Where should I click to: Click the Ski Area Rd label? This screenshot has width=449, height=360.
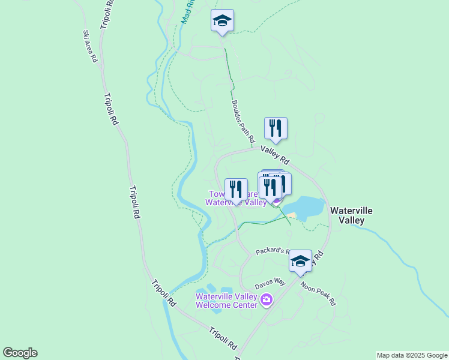coord(90,47)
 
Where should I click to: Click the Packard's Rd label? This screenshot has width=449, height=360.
coord(273,251)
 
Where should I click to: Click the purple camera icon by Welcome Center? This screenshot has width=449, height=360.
coord(267,299)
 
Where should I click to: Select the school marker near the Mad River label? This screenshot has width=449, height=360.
coord(222,21)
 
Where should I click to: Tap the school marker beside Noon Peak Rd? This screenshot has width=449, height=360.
coord(300,261)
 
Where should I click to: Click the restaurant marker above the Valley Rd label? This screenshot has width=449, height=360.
coord(276,128)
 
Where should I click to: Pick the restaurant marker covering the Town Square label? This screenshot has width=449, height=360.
coord(236,190)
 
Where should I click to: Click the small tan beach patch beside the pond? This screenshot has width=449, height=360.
coord(291,215)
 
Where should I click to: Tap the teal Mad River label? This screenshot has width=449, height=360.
coord(187,12)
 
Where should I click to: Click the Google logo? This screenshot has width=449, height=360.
coord(20,353)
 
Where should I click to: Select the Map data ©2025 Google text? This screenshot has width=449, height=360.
coord(411,355)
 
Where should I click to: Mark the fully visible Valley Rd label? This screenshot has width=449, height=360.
coord(276,157)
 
